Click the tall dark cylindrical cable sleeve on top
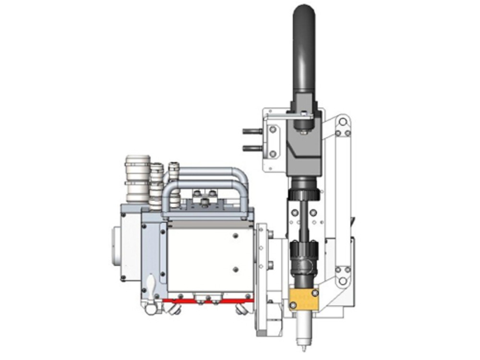pos(304,48)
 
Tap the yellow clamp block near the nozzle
pos(303,299)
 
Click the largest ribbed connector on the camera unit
pos(138,178)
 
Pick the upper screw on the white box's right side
pos(236,236)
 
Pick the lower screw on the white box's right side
pos(236,269)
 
